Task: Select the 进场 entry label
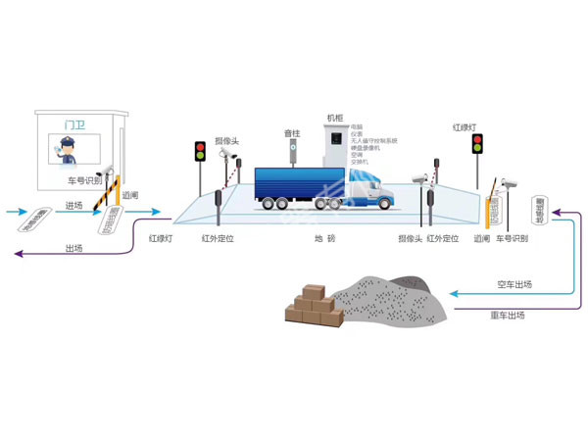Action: click(74, 205)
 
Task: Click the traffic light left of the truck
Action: click(200, 152)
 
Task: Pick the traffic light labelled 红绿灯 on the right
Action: click(478, 145)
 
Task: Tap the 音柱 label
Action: click(292, 133)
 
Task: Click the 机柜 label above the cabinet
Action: click(335, 119)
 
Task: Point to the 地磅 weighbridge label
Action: click(324, 238)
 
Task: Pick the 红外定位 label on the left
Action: click(218, 238)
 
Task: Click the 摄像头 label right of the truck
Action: click(410, 238)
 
